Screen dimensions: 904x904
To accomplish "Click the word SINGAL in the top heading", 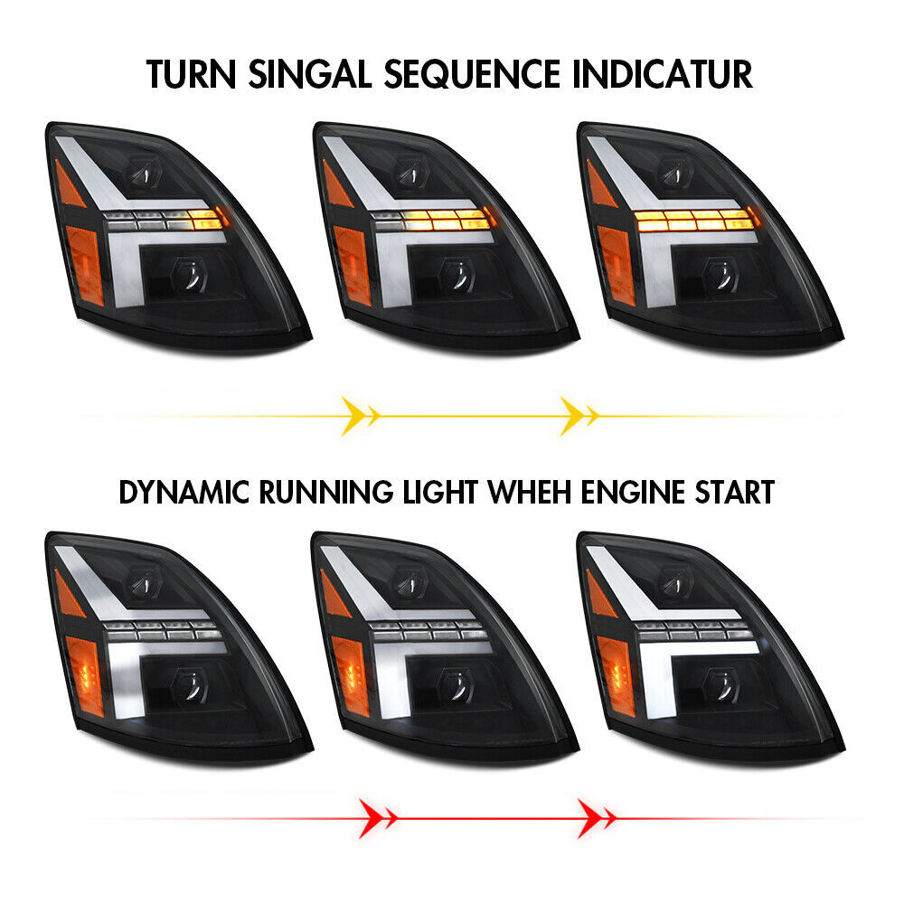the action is coord(310,74).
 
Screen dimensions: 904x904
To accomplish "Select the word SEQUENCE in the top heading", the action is coord(472,74).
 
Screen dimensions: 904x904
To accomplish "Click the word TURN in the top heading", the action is coord(192,74).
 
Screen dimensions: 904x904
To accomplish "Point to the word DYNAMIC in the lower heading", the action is coord(184,493).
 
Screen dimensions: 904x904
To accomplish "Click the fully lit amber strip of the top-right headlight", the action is coord(693,221).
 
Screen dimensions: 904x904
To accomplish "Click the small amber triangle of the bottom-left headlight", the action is coord(69,595).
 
